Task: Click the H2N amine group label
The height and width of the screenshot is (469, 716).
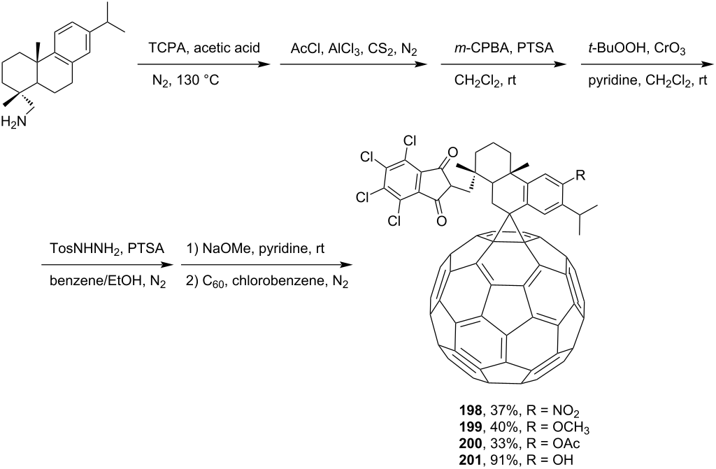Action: click(x=14, y=122)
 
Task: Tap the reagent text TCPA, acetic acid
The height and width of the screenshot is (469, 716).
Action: click(x=204, y=48)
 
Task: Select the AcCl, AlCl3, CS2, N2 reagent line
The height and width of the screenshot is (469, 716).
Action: click(x=354, y=49)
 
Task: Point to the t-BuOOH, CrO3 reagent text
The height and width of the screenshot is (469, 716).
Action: click(x=636, y=48)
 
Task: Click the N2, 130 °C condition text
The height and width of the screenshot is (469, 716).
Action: click(x=185, y=81)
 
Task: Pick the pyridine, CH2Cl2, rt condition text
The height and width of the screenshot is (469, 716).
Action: click(x=647, y=81)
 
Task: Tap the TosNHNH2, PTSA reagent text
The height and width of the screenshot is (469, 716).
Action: click(x=106, y=250)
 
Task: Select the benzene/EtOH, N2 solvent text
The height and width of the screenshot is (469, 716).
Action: click(x=108, y=282)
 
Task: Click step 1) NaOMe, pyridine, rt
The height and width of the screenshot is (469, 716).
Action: click(x=255, y=250)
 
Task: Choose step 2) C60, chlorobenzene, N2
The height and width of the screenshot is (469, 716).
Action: click(x=267, y=282)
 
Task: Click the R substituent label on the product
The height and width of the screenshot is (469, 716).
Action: click(x=580, y=175)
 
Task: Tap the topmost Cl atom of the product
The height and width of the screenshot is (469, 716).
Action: click(x=410, y=140)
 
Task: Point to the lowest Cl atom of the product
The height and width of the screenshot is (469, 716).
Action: click(x=394, y=221)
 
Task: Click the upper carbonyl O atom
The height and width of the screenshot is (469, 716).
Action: click(x=452, y=152)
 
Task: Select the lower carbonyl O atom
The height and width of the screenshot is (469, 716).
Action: click(x=441, y=221)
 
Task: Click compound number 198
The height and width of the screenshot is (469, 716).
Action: click(x=470, y=410)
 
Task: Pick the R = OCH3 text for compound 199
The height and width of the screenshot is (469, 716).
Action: click(x=558, y=428)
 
